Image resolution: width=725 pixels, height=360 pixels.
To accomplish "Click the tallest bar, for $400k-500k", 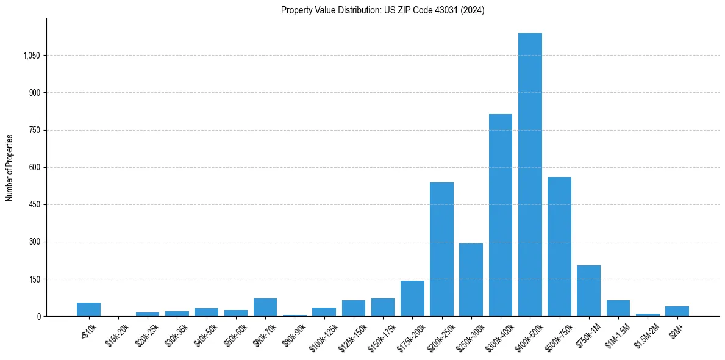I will pos(530,175).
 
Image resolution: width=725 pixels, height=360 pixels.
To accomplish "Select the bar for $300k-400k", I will pos(501,215).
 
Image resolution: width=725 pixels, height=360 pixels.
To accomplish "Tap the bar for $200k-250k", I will pos(441,249).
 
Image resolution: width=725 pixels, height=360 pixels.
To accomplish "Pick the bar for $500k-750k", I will pos(559,247).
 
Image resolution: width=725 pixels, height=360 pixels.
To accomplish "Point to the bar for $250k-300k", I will pos(471,279).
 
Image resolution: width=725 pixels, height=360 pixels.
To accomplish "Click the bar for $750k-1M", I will pos(588,290).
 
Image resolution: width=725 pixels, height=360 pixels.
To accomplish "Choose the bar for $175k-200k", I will pos(412,298).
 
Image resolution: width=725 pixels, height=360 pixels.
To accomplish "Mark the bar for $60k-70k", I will pos(265,307).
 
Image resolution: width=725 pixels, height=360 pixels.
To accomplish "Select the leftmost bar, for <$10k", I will pos(88,309).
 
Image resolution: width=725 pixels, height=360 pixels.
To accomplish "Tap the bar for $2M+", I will pos(677,311).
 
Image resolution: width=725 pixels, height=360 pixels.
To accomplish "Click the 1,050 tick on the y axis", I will pos(31,56).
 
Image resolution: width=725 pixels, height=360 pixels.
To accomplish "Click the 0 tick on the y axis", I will pos(38,317).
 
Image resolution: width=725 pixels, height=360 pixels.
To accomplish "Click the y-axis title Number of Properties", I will pos(10,167).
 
